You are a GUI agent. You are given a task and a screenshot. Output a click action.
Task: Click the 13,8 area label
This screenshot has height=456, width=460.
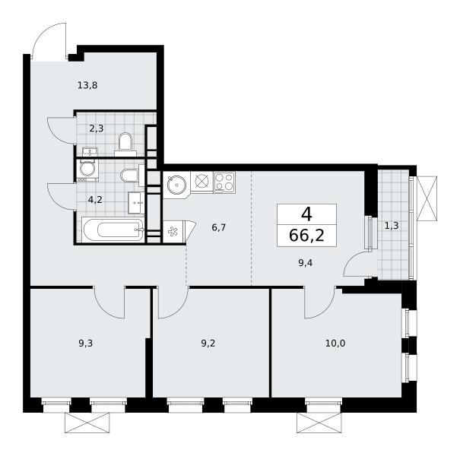click(87, 85)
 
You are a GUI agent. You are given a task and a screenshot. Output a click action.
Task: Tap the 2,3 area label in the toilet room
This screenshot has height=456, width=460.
click(97, 128)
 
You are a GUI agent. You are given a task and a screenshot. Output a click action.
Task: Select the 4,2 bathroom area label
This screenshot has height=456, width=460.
click(95, 200)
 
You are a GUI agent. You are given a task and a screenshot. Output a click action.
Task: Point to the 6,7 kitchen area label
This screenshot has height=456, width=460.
click(218, 227)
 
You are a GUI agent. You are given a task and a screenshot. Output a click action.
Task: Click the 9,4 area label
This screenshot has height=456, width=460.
click(306, 263)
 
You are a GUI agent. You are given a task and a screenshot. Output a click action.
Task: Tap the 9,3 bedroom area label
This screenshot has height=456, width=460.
click(86, 343)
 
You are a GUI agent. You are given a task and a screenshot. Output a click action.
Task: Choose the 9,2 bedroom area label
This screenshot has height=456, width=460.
click(208, 343)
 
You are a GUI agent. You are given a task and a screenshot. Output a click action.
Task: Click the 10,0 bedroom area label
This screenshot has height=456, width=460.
click(335, 343)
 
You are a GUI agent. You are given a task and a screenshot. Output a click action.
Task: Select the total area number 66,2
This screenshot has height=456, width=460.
click(306, 235)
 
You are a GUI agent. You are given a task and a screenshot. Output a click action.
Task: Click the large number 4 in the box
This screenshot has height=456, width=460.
click(306, 214)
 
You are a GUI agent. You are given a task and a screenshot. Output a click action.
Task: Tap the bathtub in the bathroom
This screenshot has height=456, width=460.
click(113, 230)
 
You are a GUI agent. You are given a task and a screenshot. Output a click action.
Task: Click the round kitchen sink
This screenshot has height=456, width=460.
click(176, 185)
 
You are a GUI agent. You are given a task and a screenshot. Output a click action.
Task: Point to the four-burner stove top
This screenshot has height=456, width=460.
click(224, 182)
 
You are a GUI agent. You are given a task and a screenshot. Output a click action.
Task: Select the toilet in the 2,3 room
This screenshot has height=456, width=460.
click(125, 144)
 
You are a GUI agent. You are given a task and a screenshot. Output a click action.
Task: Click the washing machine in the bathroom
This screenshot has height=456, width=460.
click(87, 170)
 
